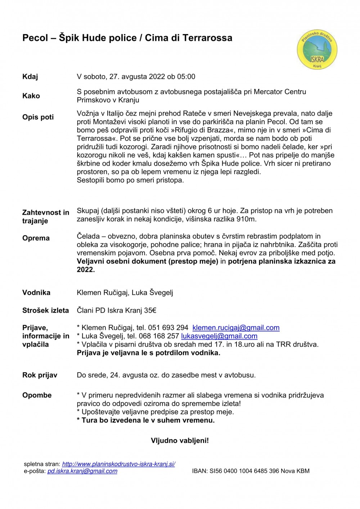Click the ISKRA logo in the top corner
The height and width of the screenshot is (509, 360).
click(317, 50)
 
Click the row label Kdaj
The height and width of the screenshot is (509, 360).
click(30, 77)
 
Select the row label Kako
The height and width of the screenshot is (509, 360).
click(31, 96)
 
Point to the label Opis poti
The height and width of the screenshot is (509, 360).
click(38, 117)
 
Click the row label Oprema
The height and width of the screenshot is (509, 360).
click(36, 238)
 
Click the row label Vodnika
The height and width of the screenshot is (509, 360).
click(36, 293)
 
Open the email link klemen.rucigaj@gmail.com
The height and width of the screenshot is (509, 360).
click(236, 328)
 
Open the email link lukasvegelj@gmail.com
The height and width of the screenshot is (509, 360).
click(219, 336)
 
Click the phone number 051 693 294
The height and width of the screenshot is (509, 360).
click(168, 328)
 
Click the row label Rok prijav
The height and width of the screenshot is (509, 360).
click(40, 375)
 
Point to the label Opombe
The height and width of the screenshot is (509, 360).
click(37, 395)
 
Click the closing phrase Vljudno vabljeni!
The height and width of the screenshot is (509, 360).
click(180, 440)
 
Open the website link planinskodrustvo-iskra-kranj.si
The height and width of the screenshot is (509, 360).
click(118, 464)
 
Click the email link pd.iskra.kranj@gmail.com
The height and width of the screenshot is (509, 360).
click(82, 471)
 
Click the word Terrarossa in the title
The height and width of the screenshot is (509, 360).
click(207, 38)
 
